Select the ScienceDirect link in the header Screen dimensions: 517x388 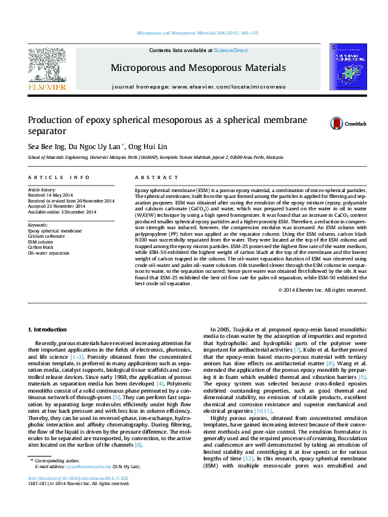(x=230, y=50)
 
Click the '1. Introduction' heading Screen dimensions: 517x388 (x=50, y=330)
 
